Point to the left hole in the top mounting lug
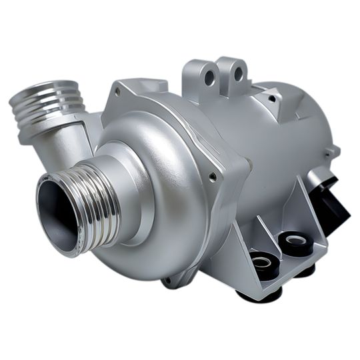tap(209, 77)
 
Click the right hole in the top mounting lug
tap(237, 73)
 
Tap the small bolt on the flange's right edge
tap(213, 177)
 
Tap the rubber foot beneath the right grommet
tap(305, 271)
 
